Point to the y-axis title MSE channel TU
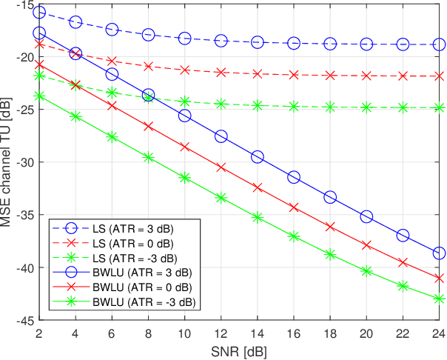tap(9, 161)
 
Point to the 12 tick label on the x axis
tap(221, 333)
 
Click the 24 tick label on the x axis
tap(439, 333)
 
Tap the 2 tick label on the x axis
tap(39, 333)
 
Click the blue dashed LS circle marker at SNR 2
tap(39, 13)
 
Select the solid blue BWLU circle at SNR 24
tap(439, 253)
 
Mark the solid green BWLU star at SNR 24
tap(439, 299)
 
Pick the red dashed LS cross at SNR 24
tap(439, 76)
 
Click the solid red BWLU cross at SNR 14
tap(258, 188)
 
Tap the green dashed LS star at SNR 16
tap(294, 107)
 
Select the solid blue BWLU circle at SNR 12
tap(221, 136)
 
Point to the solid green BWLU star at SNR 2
tap(39, 96)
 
